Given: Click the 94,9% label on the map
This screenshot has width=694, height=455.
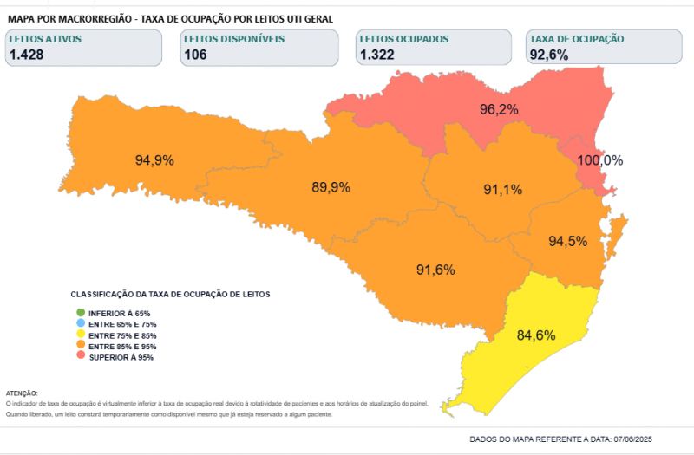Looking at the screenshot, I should [x=154, y=160].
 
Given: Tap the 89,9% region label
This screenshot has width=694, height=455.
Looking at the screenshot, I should [x=331, y=187].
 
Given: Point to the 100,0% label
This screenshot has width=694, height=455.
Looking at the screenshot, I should [x=600, y=160].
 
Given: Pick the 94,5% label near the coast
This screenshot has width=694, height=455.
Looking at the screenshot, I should [x=567, y=242].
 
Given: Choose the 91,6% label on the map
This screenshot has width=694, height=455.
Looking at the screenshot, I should [x=435, y=270].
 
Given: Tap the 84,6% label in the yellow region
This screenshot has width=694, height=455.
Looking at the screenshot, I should [x=535, y=335].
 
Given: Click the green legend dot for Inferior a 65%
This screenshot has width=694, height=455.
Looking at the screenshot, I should [x=81, y=313].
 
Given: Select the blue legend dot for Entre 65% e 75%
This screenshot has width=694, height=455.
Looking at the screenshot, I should [x=81, y=324].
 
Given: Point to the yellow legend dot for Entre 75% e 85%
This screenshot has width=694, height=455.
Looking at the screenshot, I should [x=81, y=335].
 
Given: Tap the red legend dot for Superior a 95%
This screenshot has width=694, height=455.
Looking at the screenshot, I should [x=81, y=357].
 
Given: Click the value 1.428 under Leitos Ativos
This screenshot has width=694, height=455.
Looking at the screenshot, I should [x=27, y=55].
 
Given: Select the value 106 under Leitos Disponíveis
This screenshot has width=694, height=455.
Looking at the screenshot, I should [x=195, y=55].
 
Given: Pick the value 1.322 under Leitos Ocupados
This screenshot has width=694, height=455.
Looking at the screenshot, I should [x=377, y=55].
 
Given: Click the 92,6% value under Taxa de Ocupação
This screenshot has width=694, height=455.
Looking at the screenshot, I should [x=549, y=55].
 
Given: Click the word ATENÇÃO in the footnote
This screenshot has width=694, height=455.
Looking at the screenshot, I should [x=22, y=393].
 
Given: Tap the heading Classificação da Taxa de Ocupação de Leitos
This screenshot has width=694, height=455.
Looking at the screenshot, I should [x=170, y=295].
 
